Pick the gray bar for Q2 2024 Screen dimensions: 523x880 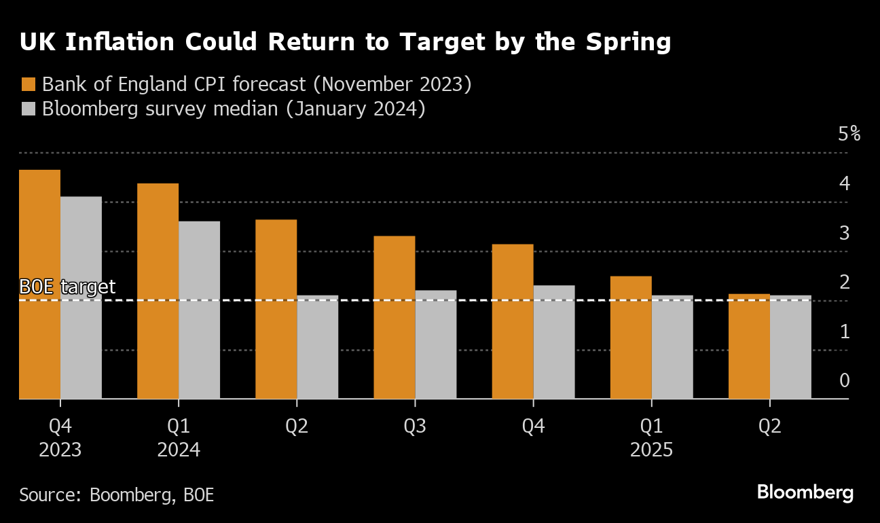tap(317, 347)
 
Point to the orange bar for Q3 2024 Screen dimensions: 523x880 tap(395, 317)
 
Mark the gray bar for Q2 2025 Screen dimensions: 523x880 tap(790, 347)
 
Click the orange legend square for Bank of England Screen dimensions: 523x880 tap(29, 85)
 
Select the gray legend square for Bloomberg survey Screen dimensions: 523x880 tap(29, 109)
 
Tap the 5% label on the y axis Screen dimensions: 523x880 tap(849, 134)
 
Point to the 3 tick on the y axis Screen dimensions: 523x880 tap(845, 233)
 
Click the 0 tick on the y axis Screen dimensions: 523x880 tap(845, 380)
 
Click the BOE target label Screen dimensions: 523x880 tap(67, 287)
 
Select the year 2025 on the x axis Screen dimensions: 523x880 tap(652, 450)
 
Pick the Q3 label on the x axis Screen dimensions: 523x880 tap(415, 427)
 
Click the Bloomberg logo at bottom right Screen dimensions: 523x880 tap(805, 492)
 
